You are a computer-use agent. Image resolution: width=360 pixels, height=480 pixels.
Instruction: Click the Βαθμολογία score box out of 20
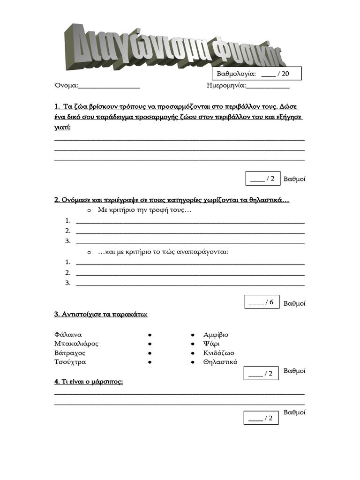257,74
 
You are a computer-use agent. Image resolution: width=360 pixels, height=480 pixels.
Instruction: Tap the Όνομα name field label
67,85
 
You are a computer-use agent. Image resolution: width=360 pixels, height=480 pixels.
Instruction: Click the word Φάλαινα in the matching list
68,335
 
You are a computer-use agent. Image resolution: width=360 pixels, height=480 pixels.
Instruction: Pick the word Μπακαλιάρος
76,344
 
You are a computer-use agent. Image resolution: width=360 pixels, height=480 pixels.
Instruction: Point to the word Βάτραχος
70,353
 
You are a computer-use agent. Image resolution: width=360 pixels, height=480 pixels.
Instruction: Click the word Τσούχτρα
70,362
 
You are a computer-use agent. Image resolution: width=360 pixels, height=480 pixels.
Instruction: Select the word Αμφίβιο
216,335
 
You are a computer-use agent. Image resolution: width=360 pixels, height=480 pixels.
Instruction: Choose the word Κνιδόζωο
218,353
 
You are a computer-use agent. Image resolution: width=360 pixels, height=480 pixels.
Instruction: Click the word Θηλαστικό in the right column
220,362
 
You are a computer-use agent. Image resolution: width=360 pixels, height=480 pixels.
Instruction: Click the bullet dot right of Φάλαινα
149,335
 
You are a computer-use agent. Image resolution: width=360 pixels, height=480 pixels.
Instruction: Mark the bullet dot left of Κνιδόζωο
193,353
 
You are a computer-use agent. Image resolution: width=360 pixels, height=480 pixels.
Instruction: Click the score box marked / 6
262,302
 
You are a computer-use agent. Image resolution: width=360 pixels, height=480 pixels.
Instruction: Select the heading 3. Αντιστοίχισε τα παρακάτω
101,314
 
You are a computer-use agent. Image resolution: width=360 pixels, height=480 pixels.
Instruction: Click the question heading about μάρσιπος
89,382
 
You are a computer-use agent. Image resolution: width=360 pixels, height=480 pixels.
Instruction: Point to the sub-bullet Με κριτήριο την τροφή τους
144,210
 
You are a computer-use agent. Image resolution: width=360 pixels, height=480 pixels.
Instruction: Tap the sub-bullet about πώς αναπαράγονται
163,252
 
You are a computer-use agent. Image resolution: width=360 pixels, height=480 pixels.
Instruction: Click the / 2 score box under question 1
262,179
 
